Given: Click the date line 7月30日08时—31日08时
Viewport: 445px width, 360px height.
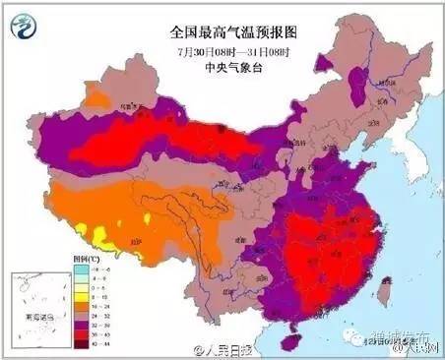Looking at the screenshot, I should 222,50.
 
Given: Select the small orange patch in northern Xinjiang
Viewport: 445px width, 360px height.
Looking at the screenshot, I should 96,96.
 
